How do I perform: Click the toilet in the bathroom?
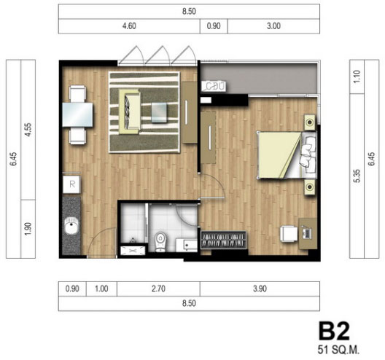pos(160,241)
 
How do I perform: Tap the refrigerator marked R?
pos(71,184)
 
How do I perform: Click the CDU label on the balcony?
pos(214,86)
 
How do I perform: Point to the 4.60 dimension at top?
pos(129,26)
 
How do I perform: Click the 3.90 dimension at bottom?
pos(260,289)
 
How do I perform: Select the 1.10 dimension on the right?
pos(357,77)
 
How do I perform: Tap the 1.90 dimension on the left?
pos(28,229)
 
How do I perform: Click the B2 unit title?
pos(334,332)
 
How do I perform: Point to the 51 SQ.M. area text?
pos(338,350)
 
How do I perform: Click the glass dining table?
pos(77,114)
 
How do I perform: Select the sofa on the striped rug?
pos(129,112)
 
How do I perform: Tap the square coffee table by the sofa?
pos(160,113)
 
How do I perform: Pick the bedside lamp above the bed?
pos(310,122)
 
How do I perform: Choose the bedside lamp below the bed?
pos(310,187)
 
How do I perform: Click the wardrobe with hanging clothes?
pos(223,240)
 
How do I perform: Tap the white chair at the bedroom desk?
pos(289,234)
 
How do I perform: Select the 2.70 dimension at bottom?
pos(158,289)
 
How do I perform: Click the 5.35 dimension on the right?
pos(357,176)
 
